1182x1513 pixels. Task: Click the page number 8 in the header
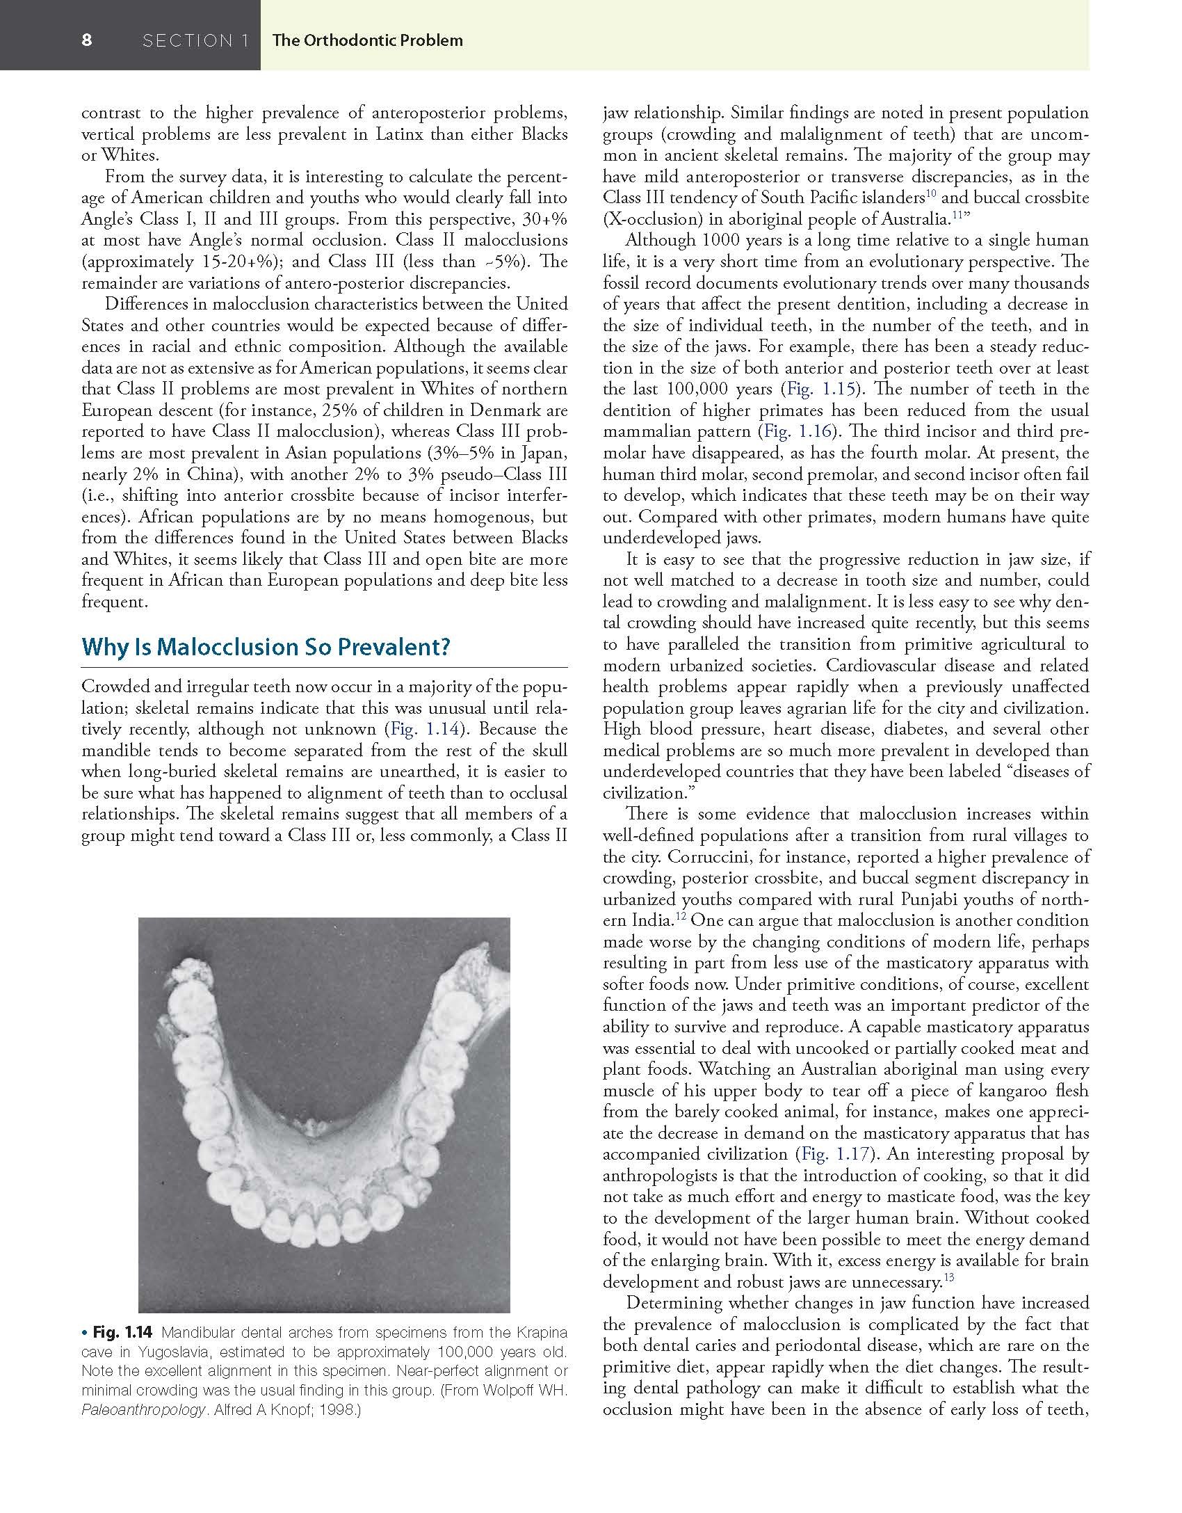tap(86, 40)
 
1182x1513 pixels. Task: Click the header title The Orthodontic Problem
tap(367, 40)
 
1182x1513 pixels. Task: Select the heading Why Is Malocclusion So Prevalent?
tap(266, 647)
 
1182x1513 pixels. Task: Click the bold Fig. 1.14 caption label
tap(122, 1333)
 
